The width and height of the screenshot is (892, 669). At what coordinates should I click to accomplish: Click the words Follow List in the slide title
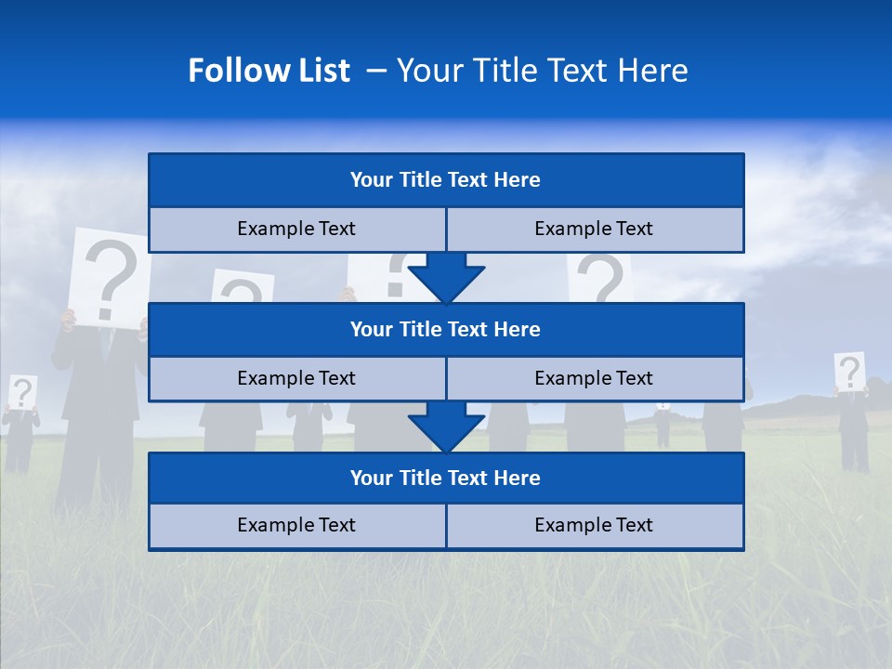click(x=269, y=71)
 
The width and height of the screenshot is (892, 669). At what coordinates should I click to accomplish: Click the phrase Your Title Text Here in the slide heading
click(x=542, y=71)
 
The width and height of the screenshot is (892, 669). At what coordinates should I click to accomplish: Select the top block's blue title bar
click(x=446, y=180)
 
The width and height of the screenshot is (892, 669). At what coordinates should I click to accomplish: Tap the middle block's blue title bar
click(x=446, y=330)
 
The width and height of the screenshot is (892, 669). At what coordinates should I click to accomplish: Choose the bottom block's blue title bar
click(x=446, y=479)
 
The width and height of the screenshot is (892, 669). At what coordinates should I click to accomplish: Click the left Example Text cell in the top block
click(x=296, y=230)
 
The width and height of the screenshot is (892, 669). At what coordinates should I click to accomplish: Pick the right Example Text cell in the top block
click(x=595, y=230)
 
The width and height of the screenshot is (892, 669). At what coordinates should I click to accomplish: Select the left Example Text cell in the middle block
click(x=296, y=379)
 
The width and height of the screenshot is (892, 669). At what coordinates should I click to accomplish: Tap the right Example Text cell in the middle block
click(x=595, y=379)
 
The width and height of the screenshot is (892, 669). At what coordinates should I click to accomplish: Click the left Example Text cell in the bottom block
click(x=296, y=526)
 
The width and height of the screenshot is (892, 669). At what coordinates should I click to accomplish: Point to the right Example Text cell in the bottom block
click(x=595, y=526)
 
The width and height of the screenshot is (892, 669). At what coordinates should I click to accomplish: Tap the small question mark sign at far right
click(x=849, y=372)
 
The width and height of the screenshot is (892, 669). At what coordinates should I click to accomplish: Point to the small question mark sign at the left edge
click(x=22, y=392)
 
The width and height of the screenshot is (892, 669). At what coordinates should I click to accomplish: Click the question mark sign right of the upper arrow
click(x=600, y=278)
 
